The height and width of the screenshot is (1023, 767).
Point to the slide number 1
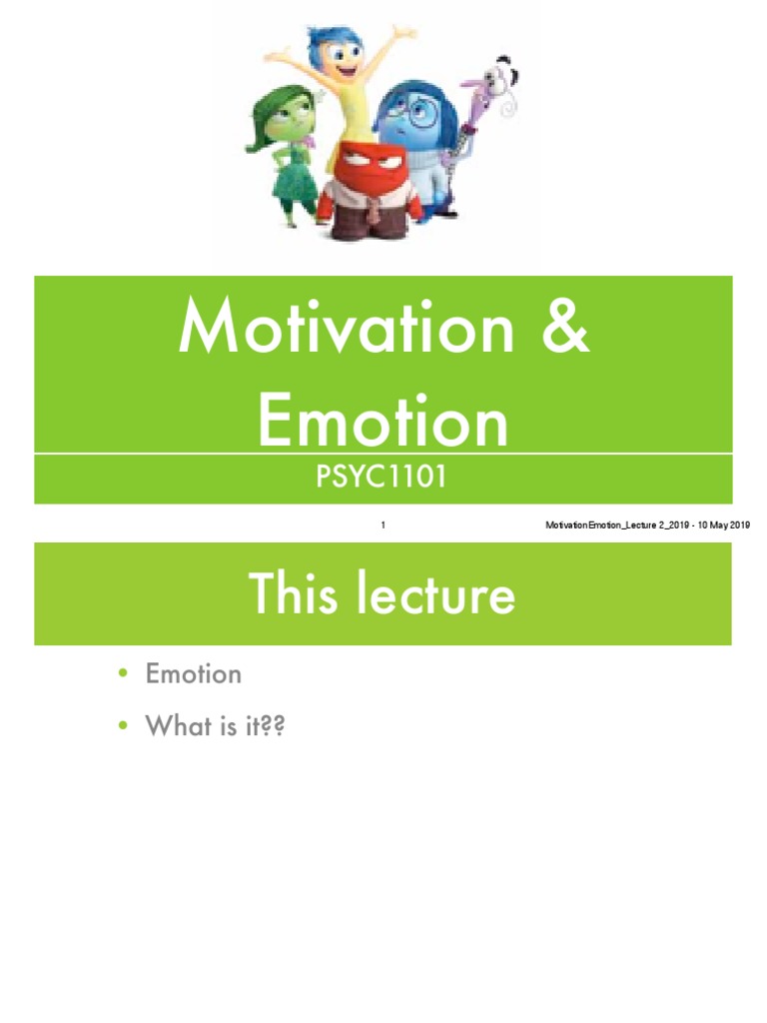tap(383, 525)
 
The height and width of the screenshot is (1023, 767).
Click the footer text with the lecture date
tap(648, 525)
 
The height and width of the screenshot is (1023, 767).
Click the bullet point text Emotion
tap(194, 674)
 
